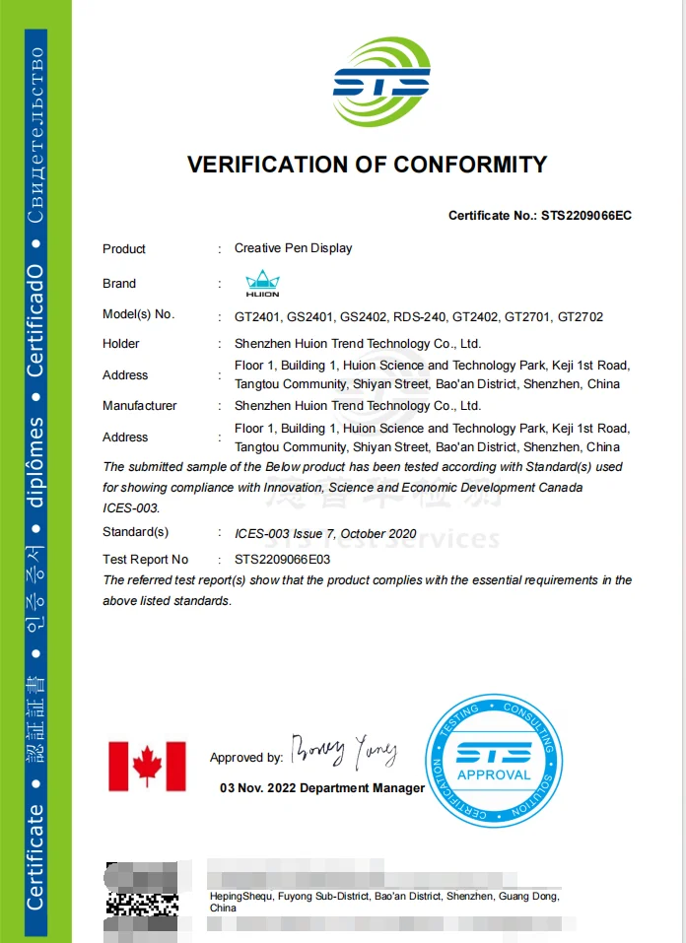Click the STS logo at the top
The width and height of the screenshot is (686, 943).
tap(381, 83)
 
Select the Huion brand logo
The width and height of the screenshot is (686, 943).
tap(262, 284)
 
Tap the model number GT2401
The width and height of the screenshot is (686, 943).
tap(256, 317)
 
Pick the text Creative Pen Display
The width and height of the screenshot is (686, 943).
tap(293, 248)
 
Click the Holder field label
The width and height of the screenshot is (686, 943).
tap(121, 344)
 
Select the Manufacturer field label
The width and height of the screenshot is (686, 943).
tap(140, 406)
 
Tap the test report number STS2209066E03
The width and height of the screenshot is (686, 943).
tap(282, 559)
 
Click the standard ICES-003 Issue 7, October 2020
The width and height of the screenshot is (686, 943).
tap(325, 534)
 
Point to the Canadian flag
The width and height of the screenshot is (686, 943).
tap(147, 767)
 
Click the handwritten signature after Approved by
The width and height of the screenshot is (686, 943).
tap(343, 752)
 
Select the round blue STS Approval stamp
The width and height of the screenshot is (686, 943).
tap(493, 761)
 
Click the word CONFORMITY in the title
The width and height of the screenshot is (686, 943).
tap(470, 165)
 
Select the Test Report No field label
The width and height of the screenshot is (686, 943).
tap(145, 559)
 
